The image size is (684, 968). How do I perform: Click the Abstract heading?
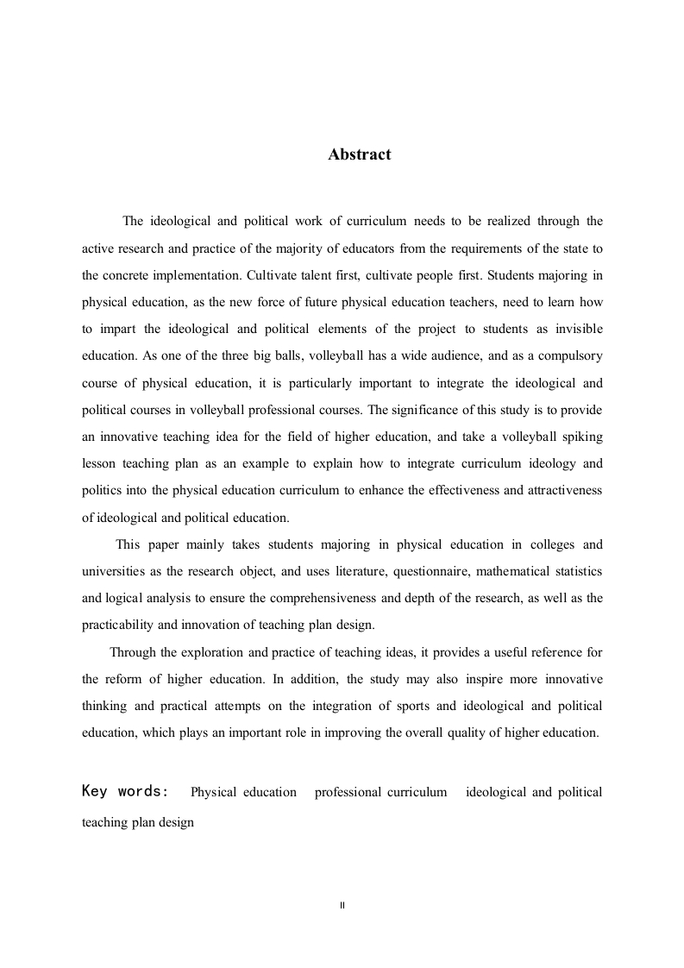click(359, 155)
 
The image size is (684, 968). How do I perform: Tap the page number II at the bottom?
click(342, 905)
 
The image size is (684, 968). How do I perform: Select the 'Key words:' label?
click(125, 791)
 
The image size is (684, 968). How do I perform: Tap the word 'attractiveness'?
click(561, 490)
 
